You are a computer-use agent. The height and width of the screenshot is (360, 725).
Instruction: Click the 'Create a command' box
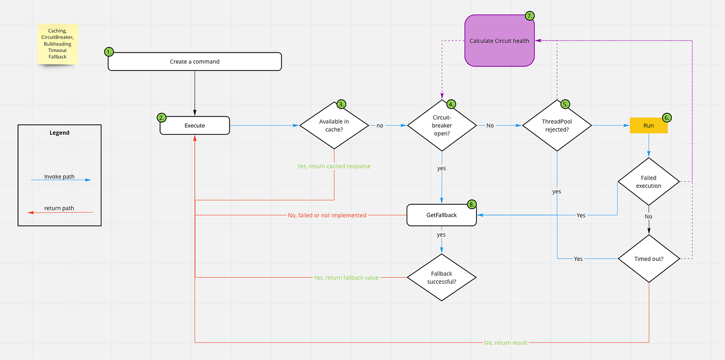point(195,62)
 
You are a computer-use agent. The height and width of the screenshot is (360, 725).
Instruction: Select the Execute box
point(195,126)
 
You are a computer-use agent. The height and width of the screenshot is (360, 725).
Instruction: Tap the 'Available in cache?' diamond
point(334,126)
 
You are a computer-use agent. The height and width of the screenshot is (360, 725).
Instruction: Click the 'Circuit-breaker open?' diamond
point(441,126)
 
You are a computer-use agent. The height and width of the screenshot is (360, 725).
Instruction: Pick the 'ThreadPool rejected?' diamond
point(556,126)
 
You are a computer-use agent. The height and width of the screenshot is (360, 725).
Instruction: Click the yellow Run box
point(648,126)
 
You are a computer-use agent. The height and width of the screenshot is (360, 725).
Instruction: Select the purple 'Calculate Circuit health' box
point(500,40)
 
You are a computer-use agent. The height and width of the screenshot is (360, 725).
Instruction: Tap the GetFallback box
point(441,215)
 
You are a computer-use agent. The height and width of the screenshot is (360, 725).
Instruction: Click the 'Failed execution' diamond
point(648,181)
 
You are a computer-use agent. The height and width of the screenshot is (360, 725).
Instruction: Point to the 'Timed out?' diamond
point(648,259)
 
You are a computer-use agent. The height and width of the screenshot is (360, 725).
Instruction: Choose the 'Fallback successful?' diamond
point(441,277)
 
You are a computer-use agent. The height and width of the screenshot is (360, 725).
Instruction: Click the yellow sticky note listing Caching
point(57,43)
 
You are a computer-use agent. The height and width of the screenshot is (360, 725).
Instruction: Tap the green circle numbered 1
point(109,52)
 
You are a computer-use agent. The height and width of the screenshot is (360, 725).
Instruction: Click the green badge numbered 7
point(530,16)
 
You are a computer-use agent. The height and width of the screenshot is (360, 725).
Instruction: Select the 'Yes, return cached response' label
point(333,166)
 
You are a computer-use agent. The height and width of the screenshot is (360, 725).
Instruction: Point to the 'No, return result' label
point(505,342)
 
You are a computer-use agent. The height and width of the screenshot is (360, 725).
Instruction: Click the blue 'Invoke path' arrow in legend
point(60,179)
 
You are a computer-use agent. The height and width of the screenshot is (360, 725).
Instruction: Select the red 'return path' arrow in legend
point(60,211)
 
